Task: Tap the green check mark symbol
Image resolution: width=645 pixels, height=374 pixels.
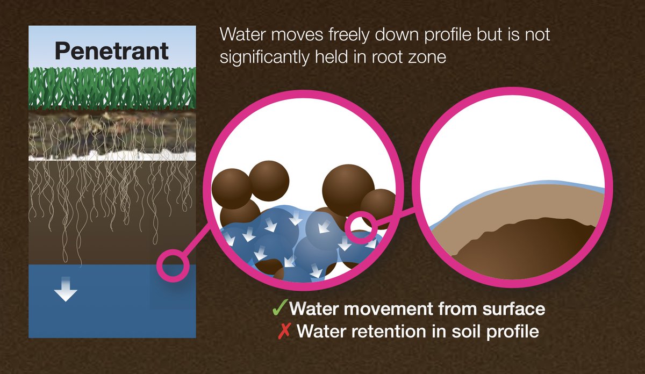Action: (x=278, y=308)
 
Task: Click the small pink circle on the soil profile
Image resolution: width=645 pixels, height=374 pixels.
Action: (x=173, y=265)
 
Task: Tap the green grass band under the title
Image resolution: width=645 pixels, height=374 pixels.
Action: (x=112, y=89)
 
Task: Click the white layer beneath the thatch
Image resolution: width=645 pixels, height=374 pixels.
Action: (x=112, y=156)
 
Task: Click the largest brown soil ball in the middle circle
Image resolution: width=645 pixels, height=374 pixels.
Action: (x=348, y=186)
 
